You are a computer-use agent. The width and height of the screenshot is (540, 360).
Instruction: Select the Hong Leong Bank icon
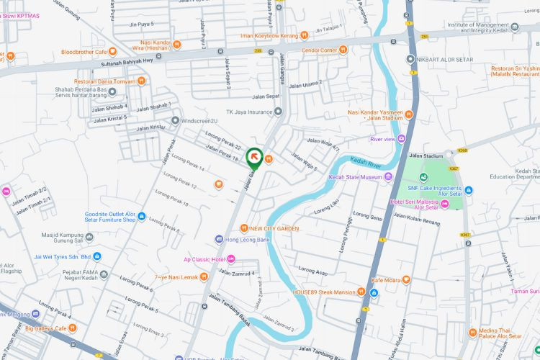(x=219, y=239)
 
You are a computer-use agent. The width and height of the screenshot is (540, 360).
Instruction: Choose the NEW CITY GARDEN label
(x=274, y=229)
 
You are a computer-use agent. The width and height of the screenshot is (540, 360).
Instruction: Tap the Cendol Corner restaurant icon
(x=343, y=50)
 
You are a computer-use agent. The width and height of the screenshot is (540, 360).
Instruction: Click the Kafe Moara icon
(x=407, y=279)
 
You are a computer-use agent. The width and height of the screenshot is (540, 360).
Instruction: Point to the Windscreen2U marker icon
(x=175, y=120)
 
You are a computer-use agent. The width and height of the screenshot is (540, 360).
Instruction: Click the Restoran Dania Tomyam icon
(x=142, y=81)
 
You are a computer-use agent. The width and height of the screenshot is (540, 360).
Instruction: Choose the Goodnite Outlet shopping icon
(x=142, y=217)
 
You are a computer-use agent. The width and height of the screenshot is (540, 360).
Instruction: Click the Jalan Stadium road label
(x=425, y=155)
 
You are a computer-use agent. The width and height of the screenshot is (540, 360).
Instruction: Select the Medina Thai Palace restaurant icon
(x=472, y=333)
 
